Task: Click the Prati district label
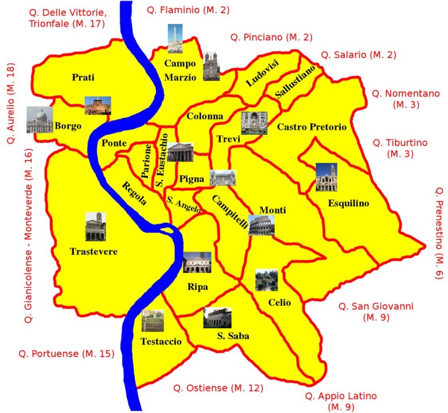(x=83, y=77)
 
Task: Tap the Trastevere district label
(x=94, y=251)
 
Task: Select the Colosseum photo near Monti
(x=261, y=225)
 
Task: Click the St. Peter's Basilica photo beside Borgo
(x=39, y=119)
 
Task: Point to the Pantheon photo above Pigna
(x=180, y=152)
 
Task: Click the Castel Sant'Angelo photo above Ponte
(x=98, y=106)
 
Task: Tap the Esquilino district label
(x=348, y=203)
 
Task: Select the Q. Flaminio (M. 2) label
(x=180, y=10)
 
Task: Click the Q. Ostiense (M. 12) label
(x=216, y=389)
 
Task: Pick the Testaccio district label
(x=161, y=341)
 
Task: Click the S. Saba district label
(x=233, y=337)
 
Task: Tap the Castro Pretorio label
(x=311, y=127)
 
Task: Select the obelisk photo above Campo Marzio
(x=175, y=38)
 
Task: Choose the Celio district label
(x=279, y=302)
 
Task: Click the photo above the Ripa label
(x=197, y=262)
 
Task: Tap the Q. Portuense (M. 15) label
(x=66, y=353)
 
